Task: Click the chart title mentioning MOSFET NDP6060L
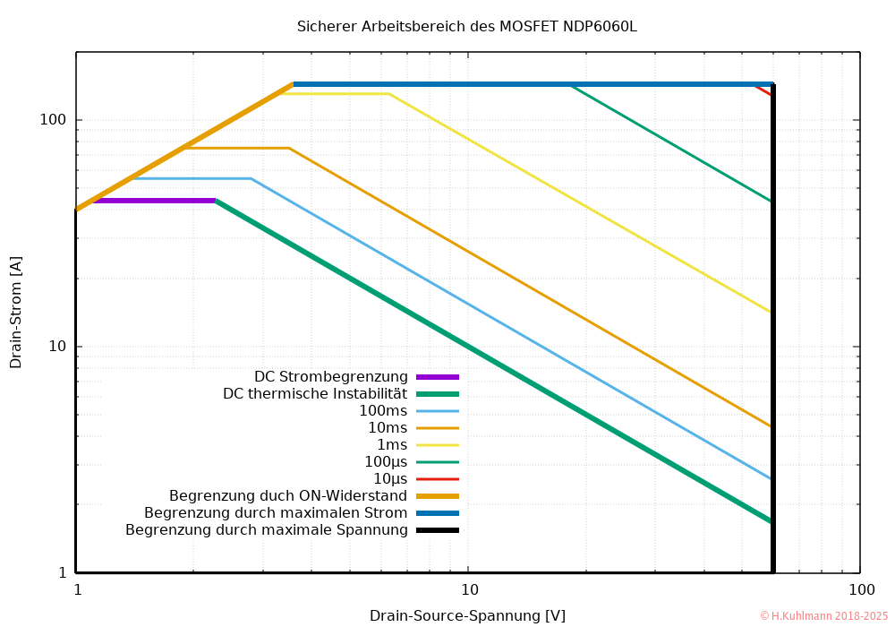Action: [x=466, y=27]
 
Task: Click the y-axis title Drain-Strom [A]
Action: [x=16, y=312]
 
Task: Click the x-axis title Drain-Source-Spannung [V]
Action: [x=467, y=615]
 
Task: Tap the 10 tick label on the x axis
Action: [x=468, y=590]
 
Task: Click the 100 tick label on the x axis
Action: [x=860, y=590]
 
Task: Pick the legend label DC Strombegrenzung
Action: [x=331, y=377]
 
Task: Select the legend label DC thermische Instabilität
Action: [x=315, y=394]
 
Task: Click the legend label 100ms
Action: [x=383, y=411]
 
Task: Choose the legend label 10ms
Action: [x=388, y=428]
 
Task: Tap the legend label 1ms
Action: [x=391, y=445]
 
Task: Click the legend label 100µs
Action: [x=386, y=462]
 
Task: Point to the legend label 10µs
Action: [x=390, y=479]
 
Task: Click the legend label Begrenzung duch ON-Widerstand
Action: [x=288, y=496]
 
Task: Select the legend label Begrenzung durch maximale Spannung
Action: [x=267, y=530]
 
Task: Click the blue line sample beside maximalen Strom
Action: [x=437, y=513]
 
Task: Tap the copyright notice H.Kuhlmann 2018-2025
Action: [x=823, y=616]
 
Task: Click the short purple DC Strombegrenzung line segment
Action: [x=152, y=201]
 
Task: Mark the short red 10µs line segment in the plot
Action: [x=763, y=90]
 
